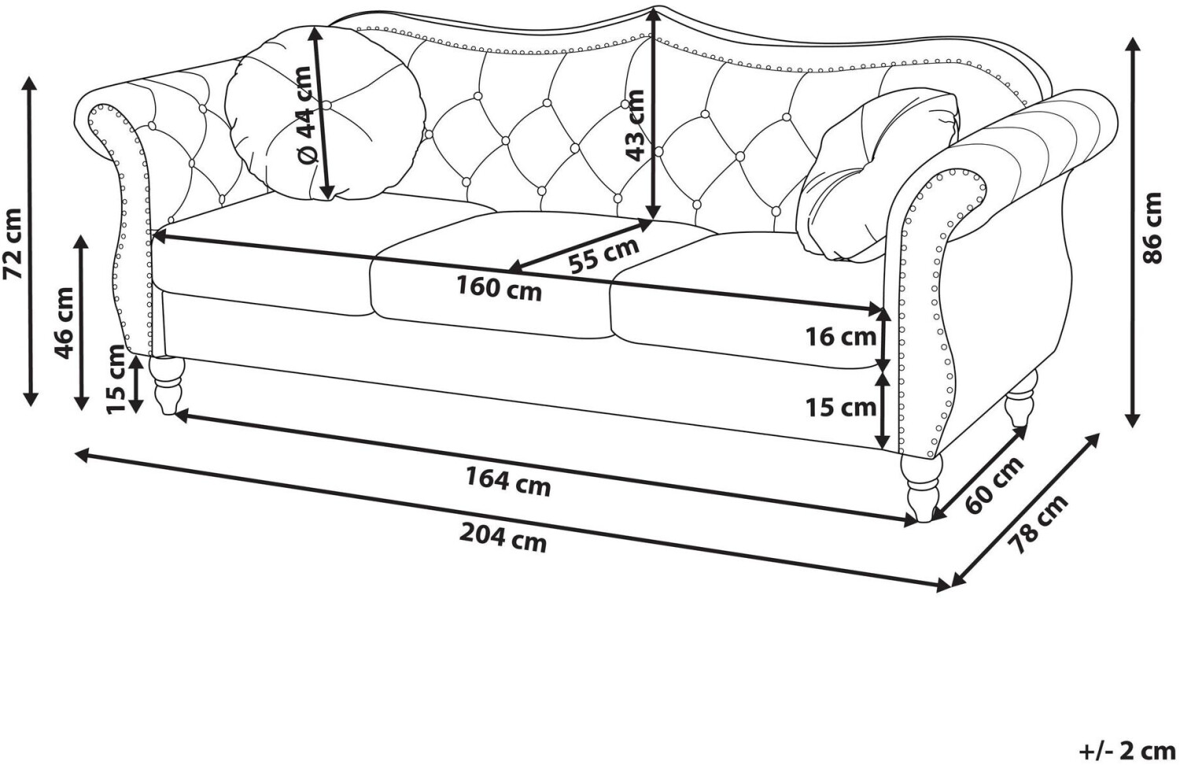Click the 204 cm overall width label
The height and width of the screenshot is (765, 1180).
(x=503, y=538)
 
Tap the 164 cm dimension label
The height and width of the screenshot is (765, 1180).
(x=508, y=482)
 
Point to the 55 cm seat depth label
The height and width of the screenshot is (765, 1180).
(x=603, y=255)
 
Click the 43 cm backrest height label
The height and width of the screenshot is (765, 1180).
(x=635, y=125)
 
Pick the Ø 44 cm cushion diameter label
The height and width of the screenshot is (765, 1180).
(x=304, y=115)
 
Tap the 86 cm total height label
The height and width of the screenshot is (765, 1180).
(x=1152, y=227)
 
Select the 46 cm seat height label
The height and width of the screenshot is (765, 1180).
(x=65, y=323)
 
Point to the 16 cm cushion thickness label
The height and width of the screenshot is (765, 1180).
(x=840, y=337)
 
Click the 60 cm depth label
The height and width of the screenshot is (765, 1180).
(x=994, y=486)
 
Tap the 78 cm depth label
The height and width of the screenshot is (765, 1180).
(x=1038, y=524)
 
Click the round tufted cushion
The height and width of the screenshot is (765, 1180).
(x=325, y=114)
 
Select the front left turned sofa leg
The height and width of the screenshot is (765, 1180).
(x=167, y=386)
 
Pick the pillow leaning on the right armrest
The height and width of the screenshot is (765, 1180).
(x=877, y=176)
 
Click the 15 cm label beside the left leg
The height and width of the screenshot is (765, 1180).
(x=116, y=379)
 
